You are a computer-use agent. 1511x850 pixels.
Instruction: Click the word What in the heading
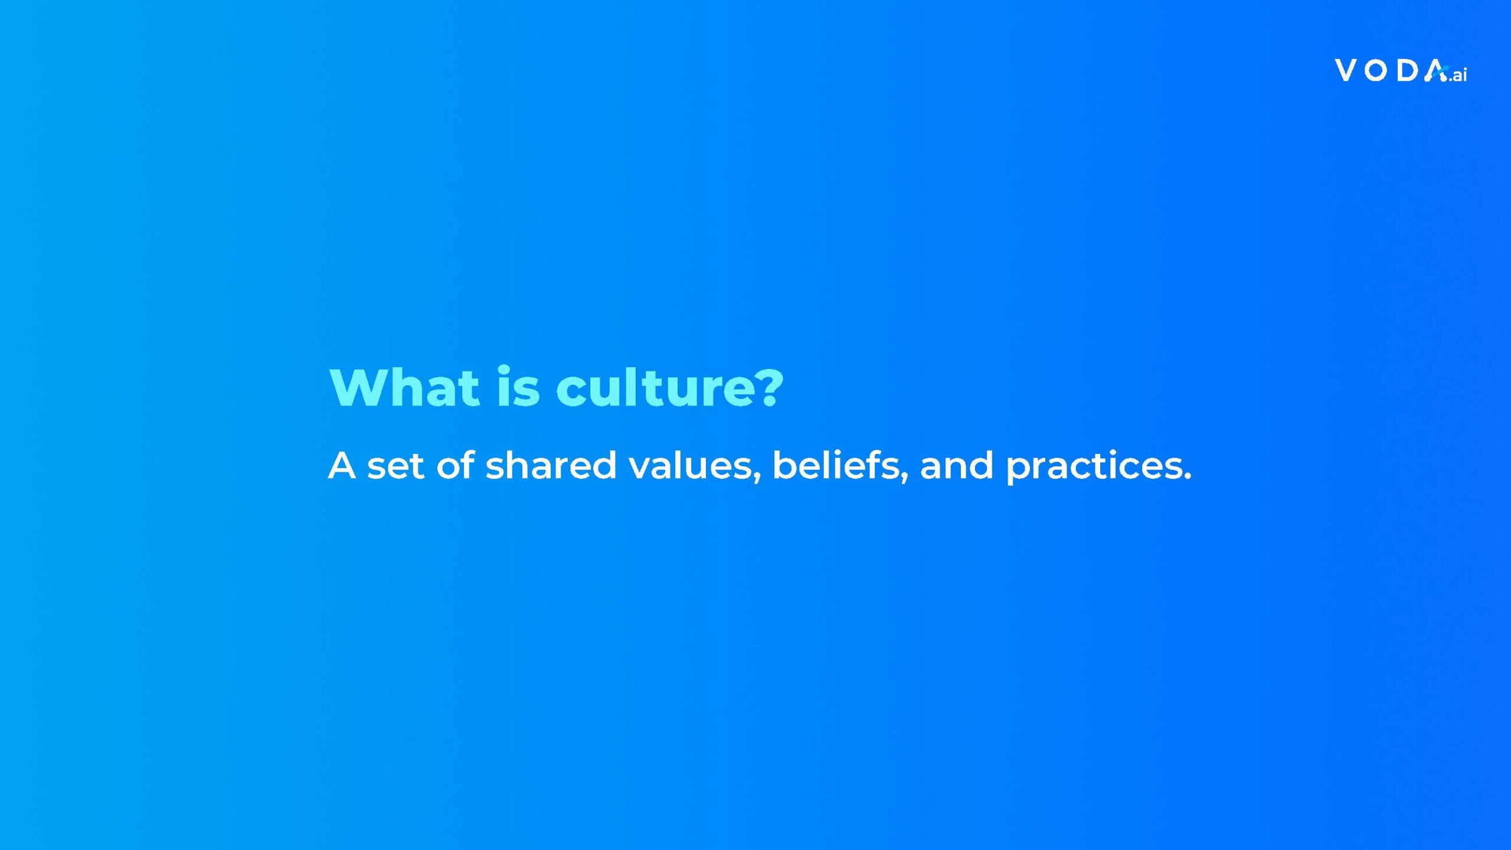click(404, 387)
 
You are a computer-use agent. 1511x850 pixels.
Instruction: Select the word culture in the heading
click(656, 387)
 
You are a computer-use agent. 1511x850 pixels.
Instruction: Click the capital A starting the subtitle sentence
click(342, 466)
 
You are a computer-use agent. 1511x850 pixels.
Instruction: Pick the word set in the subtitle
click(395, 466)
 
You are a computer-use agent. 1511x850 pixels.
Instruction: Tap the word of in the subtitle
click(455, 465)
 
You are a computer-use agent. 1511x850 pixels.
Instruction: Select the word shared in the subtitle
click(551, 465)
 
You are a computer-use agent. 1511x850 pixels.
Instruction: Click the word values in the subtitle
click(691, 465)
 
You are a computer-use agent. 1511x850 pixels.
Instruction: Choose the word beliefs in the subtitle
click(836, 465)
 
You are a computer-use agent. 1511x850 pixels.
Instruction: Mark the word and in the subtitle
click(956, 465)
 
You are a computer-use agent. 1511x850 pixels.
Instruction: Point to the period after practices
click(1187, 476)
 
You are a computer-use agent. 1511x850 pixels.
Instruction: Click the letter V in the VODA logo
click(1346, 70)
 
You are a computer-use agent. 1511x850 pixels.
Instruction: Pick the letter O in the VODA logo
click(1376, 71)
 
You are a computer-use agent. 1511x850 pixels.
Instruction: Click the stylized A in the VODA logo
click(1435, 70)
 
